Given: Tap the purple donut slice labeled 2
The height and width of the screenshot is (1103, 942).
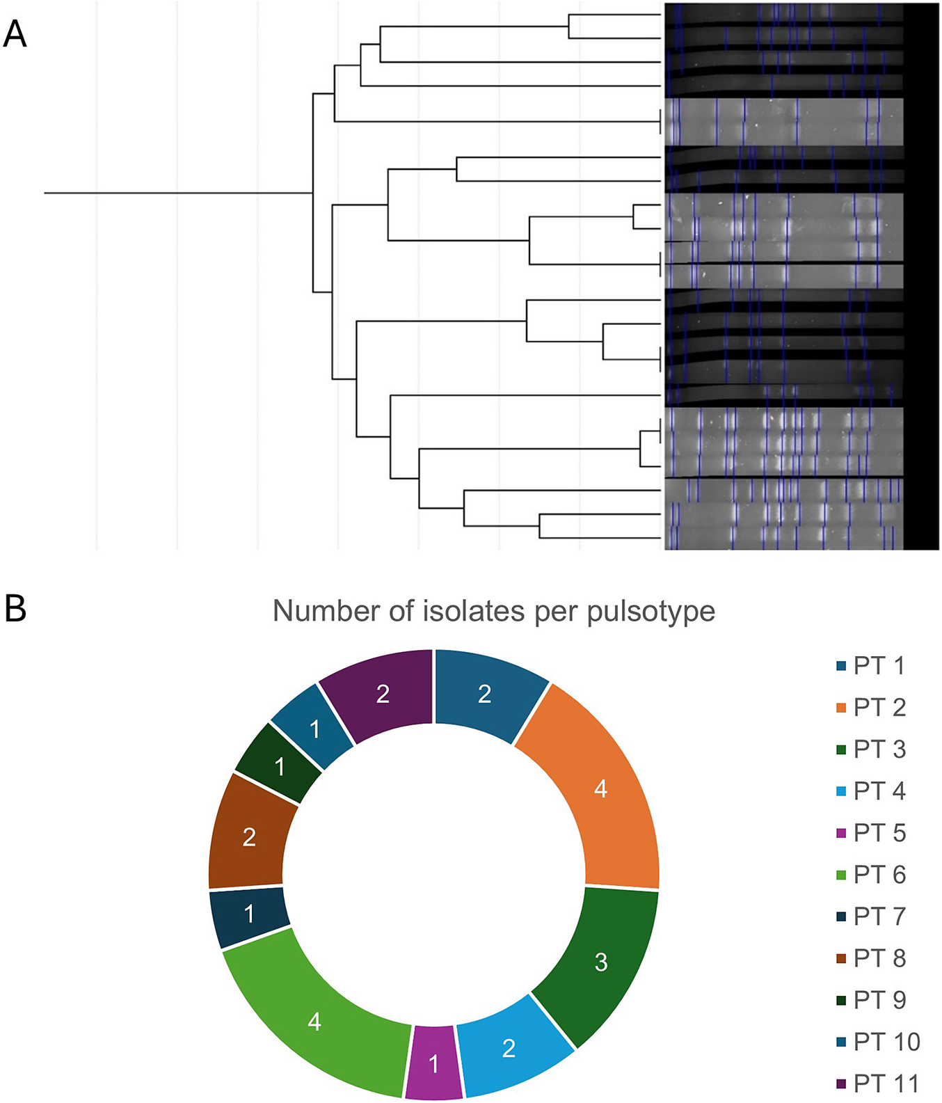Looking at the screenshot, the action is click(383, 693).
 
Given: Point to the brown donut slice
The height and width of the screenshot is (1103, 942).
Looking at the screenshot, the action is click(248, 835).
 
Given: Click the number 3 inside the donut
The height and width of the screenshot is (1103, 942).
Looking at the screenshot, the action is click(601, 962).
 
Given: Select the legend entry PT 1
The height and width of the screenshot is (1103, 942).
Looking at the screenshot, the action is click(870, 666).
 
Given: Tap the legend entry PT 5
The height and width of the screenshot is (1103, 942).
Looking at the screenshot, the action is click(870, 833).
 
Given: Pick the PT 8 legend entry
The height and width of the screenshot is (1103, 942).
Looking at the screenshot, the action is click(870, 958).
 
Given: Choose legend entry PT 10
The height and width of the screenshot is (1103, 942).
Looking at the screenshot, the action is click(878, 1042).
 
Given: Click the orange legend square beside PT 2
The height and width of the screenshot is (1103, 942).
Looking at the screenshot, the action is click(841, 708).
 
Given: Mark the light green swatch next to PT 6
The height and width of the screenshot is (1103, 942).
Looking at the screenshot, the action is click(841, 875).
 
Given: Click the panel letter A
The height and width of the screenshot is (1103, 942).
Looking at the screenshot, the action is click(15, 33).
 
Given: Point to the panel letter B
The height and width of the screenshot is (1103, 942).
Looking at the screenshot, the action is click(15, 608).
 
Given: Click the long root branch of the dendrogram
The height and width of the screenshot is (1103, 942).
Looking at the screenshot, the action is click(178, 192).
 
